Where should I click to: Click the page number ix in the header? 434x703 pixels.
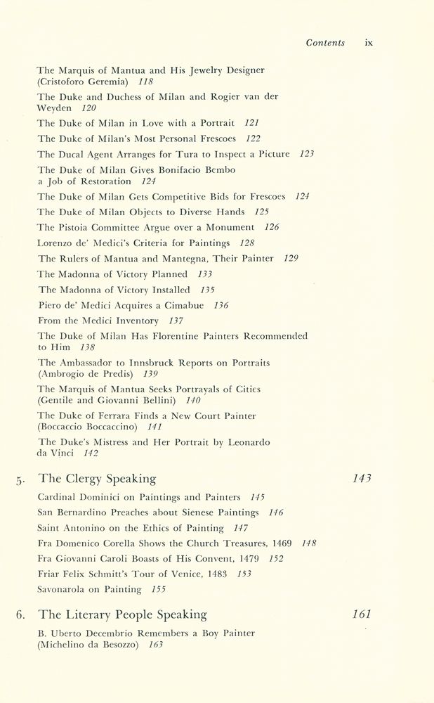click(369, 43)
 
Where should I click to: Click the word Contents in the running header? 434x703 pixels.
click(325, 43)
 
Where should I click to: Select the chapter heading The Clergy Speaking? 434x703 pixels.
click(97, 479)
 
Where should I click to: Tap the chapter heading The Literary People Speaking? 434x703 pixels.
click(122, 614)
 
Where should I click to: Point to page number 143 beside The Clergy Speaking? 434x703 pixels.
click(362, 479)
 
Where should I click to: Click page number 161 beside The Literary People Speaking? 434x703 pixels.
click(362, 614)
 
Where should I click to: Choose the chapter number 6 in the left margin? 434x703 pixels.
click(20, 615)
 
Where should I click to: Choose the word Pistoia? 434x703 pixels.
click(77, 228)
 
